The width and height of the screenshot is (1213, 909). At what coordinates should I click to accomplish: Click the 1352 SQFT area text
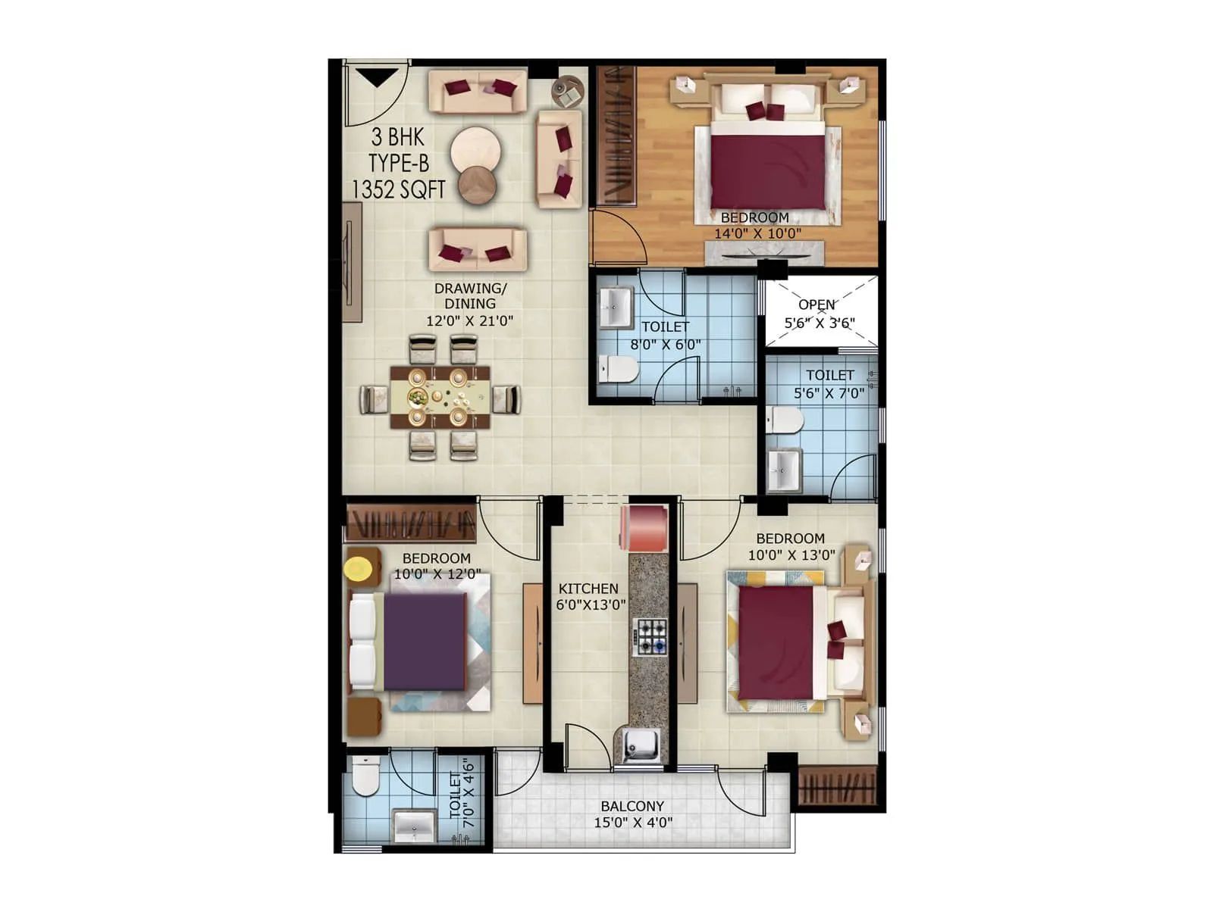[399, 189]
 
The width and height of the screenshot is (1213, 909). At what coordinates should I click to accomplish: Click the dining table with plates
[440, 398]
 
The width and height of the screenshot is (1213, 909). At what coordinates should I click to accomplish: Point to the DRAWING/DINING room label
[470, 296]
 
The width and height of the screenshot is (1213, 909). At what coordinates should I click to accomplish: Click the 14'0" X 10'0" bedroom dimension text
[757, 234]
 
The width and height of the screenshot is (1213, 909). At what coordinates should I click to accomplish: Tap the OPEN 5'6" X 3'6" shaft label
[819, 313]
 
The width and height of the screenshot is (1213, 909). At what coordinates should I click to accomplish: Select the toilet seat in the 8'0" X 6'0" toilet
[618, 369]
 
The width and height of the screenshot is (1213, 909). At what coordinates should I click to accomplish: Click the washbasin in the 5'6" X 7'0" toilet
[783, 469]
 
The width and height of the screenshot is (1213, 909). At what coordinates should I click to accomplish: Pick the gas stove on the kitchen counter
[650, 637]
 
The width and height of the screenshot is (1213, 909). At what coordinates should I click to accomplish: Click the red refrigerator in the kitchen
[644, 528]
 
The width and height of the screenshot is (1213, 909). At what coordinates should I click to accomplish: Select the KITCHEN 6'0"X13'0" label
[590, 596]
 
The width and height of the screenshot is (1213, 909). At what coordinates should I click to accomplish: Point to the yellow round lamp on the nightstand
[359, 568]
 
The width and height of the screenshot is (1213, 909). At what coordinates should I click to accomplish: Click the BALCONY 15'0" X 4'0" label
[632, 814]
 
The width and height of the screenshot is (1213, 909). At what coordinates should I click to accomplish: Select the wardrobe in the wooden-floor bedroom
[616, 136]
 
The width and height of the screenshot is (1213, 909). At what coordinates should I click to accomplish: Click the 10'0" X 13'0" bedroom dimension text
[791, 555]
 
